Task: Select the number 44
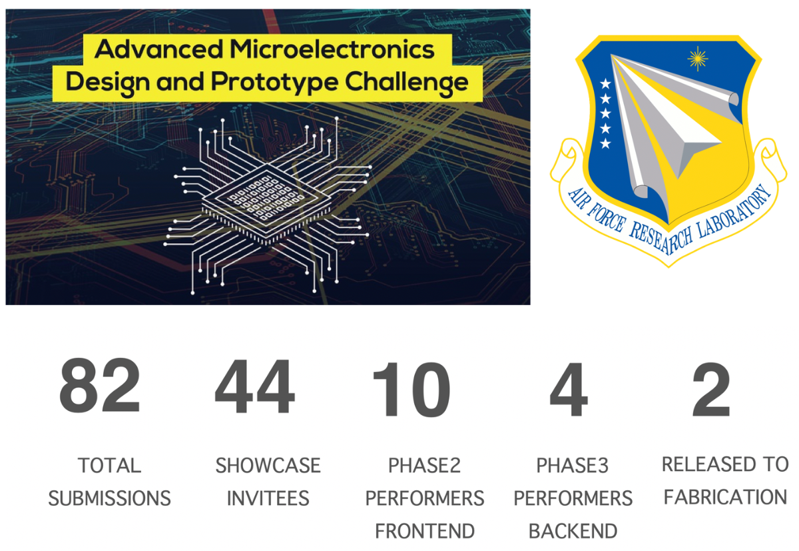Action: (254, 386)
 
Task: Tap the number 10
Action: (411, 389)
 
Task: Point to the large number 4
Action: (569, 389)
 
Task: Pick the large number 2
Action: (711, 389)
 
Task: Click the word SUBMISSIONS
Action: (109, 498)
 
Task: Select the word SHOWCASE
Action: (268, 465)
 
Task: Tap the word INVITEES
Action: (268, 498)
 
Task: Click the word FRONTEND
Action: (425, 531)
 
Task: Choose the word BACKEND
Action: (573, 531)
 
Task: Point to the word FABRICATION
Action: (725, 497)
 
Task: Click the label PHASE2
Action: (425, 465)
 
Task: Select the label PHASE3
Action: (573, 465)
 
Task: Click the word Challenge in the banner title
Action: (406, 83)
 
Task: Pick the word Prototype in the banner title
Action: (274, 83)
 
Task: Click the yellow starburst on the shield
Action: (697, 59)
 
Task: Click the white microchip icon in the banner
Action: (268, 205)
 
